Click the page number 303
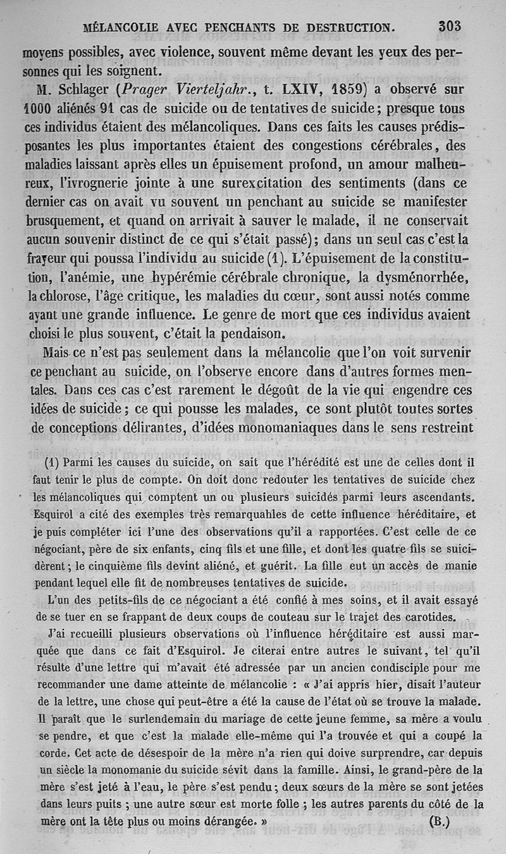pos(450,27)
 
